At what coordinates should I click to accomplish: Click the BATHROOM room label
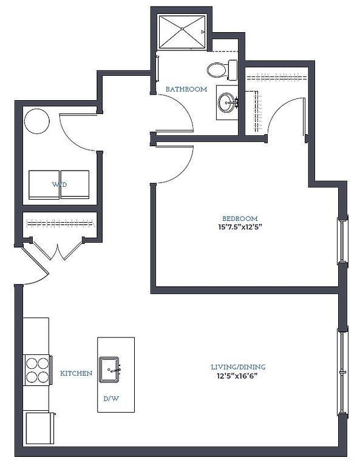pos(186,89)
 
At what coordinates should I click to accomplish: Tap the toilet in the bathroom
pos(222,70)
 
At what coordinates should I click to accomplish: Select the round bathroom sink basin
pos(226,103)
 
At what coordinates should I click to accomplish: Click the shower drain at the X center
pos(182,29)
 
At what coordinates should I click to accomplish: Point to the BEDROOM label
pos(240,218)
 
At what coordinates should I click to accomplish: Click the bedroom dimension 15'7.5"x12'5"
pos(240,228)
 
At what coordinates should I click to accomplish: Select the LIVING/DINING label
pos(238,367)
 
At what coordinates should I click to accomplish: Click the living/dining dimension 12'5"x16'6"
pos(237,376)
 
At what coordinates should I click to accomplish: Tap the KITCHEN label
pos(76,373)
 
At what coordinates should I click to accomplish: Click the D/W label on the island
pos(111,399)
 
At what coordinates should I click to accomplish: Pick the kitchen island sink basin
pos(109,370)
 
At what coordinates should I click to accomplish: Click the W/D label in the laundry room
pos(59,184)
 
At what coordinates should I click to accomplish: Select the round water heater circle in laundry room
pos(37,121)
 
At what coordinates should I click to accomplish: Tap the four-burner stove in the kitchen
pos(38,370)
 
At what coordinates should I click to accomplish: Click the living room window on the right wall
pos(342,372)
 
